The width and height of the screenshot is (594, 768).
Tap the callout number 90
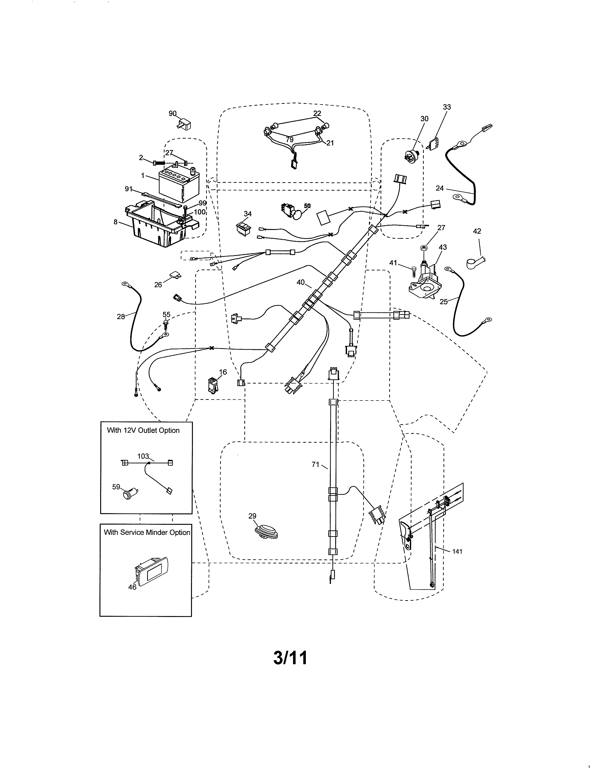click(x=172, y=113)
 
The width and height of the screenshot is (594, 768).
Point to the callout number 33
click(x=447, y=107)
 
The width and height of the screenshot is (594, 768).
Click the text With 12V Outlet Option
click(x=143, y=430)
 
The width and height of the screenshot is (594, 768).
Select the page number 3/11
click(x=290, y=658)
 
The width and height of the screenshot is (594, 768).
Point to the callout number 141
click(x=457, y=551)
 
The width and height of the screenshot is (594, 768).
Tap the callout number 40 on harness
click(x=300, y=282)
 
